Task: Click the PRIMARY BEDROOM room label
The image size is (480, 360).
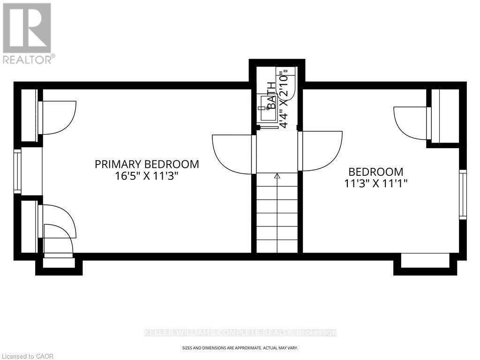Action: [147, 164]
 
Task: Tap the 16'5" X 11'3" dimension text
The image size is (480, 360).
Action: [147, 177]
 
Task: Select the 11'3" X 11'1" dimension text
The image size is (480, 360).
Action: [375, 184]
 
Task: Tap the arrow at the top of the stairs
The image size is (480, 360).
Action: [277, 176]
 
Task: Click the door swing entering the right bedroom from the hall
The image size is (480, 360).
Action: [320, 150]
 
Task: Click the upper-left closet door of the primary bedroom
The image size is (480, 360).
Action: [57, 117]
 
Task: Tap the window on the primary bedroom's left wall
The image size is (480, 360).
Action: [17, 171]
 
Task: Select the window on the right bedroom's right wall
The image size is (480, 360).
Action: [463, 194]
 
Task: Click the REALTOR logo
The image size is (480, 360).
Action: [27, 33]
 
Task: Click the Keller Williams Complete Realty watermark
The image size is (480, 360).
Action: [240, 333]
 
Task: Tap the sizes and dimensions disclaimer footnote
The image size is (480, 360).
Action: [240, 348]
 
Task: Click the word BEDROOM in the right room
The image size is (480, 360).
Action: [375, 172]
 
